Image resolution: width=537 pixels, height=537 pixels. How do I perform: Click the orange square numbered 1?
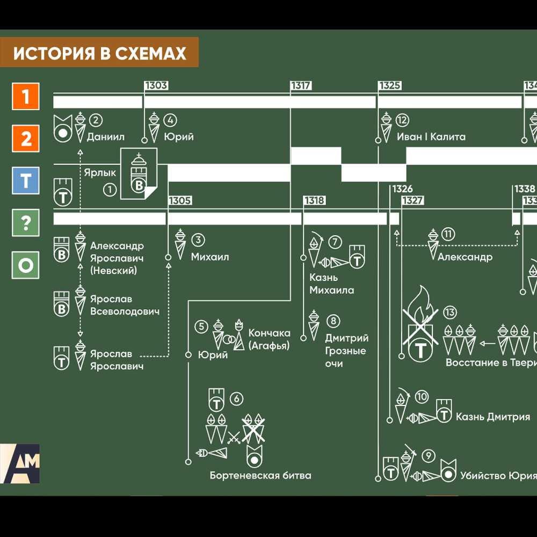point(26,97)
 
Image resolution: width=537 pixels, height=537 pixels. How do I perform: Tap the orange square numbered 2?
point(26,139)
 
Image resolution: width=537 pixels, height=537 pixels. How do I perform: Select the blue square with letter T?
point(26,180)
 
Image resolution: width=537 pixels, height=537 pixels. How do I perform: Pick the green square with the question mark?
point(26,222)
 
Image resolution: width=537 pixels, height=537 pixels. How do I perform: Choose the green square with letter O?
point(26,265)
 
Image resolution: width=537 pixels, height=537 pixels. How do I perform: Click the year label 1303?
point(156,86)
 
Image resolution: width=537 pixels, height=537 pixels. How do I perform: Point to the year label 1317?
point(301,86)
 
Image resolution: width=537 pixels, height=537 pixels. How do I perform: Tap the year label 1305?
point(180,201)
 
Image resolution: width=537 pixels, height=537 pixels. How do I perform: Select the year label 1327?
point(412,201)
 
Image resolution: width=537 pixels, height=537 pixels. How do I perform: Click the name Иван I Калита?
point(431,137)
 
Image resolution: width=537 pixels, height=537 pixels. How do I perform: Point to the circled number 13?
point(449,313)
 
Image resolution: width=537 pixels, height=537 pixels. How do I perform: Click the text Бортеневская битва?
point(260,475)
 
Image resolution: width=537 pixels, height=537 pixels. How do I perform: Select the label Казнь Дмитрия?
point(492,417)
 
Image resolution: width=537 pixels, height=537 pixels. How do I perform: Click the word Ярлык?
point(100,173)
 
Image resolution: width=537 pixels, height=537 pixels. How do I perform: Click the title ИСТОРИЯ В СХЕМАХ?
point(100,53)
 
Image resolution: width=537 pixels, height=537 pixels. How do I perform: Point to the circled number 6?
point(237,398)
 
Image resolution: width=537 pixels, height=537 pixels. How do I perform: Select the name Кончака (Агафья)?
point(269,339)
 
